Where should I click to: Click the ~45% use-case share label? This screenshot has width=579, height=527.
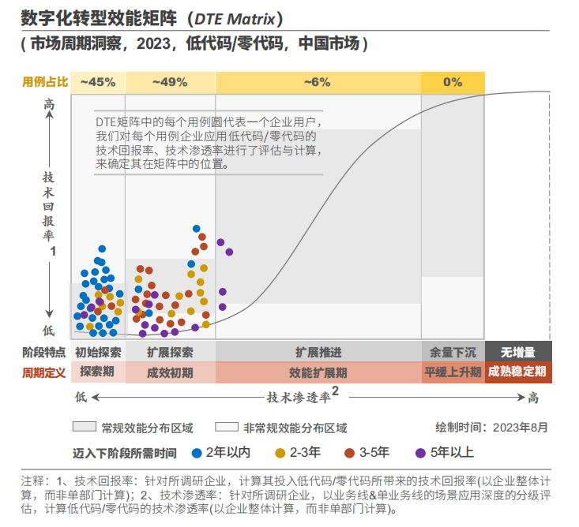pyautogui.click(x=98, y=82)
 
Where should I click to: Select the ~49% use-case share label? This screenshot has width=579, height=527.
pyautogui.click(x=170, y=82)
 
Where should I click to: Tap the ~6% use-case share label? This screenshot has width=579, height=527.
pyautogui.click(x=318, y=82)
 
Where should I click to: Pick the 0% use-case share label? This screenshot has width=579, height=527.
pyautogui.click(x=453, y=82)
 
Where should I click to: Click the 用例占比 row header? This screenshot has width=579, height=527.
pyautogui.click(x=45, y=82)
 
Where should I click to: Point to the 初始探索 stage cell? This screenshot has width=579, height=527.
pyautogui.click(x=98, y=352)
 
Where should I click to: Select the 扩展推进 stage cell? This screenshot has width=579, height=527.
pyautogui.click(x=318, y=352)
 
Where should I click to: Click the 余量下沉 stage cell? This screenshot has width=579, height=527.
pyautogui.click(x=453, y=352)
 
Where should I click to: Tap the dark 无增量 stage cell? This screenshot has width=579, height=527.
pyautogui.click(x=517, y=352)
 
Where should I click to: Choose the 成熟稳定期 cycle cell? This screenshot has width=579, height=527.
pyautogui.click(x=517, y=372)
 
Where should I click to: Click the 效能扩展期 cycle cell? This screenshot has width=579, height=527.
pyautogui.click(x=318, y=372)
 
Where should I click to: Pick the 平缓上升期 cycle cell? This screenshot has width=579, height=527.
pyautogui.click(x=453, y=372)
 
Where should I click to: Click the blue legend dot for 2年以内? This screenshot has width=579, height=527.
pyautogui.click(x=196, y=453)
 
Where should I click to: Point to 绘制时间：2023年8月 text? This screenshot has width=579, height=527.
pyautogui.click(x=491, y=428)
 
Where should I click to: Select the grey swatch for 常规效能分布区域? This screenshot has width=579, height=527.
pyautogui.click(x=83, y=428)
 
